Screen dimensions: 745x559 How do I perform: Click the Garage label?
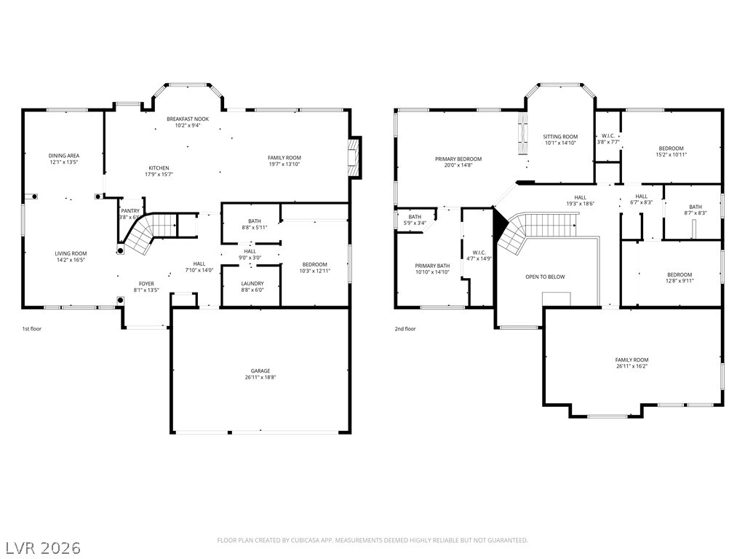260,370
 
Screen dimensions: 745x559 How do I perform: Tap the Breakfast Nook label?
188,119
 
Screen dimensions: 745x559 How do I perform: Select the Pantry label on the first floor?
130,211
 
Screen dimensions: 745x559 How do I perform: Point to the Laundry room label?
252,283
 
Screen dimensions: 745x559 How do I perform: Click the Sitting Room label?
561,136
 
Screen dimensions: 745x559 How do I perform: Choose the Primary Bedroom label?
458,159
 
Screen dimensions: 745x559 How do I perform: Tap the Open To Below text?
545,277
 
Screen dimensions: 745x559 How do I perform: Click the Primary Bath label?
432,266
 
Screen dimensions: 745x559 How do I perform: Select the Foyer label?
146,283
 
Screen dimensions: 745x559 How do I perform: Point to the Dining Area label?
64,156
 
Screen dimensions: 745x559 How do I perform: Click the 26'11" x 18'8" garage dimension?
260,378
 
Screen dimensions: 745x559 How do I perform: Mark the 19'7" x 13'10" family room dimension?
284,164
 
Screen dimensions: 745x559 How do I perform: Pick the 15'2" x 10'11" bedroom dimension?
672,154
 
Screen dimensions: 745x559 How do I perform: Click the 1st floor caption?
32,328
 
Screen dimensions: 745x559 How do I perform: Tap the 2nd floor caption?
405,328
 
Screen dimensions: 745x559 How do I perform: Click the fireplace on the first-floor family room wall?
354,157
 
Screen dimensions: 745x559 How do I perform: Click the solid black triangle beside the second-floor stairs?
500,224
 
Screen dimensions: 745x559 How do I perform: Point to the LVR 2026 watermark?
41,547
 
